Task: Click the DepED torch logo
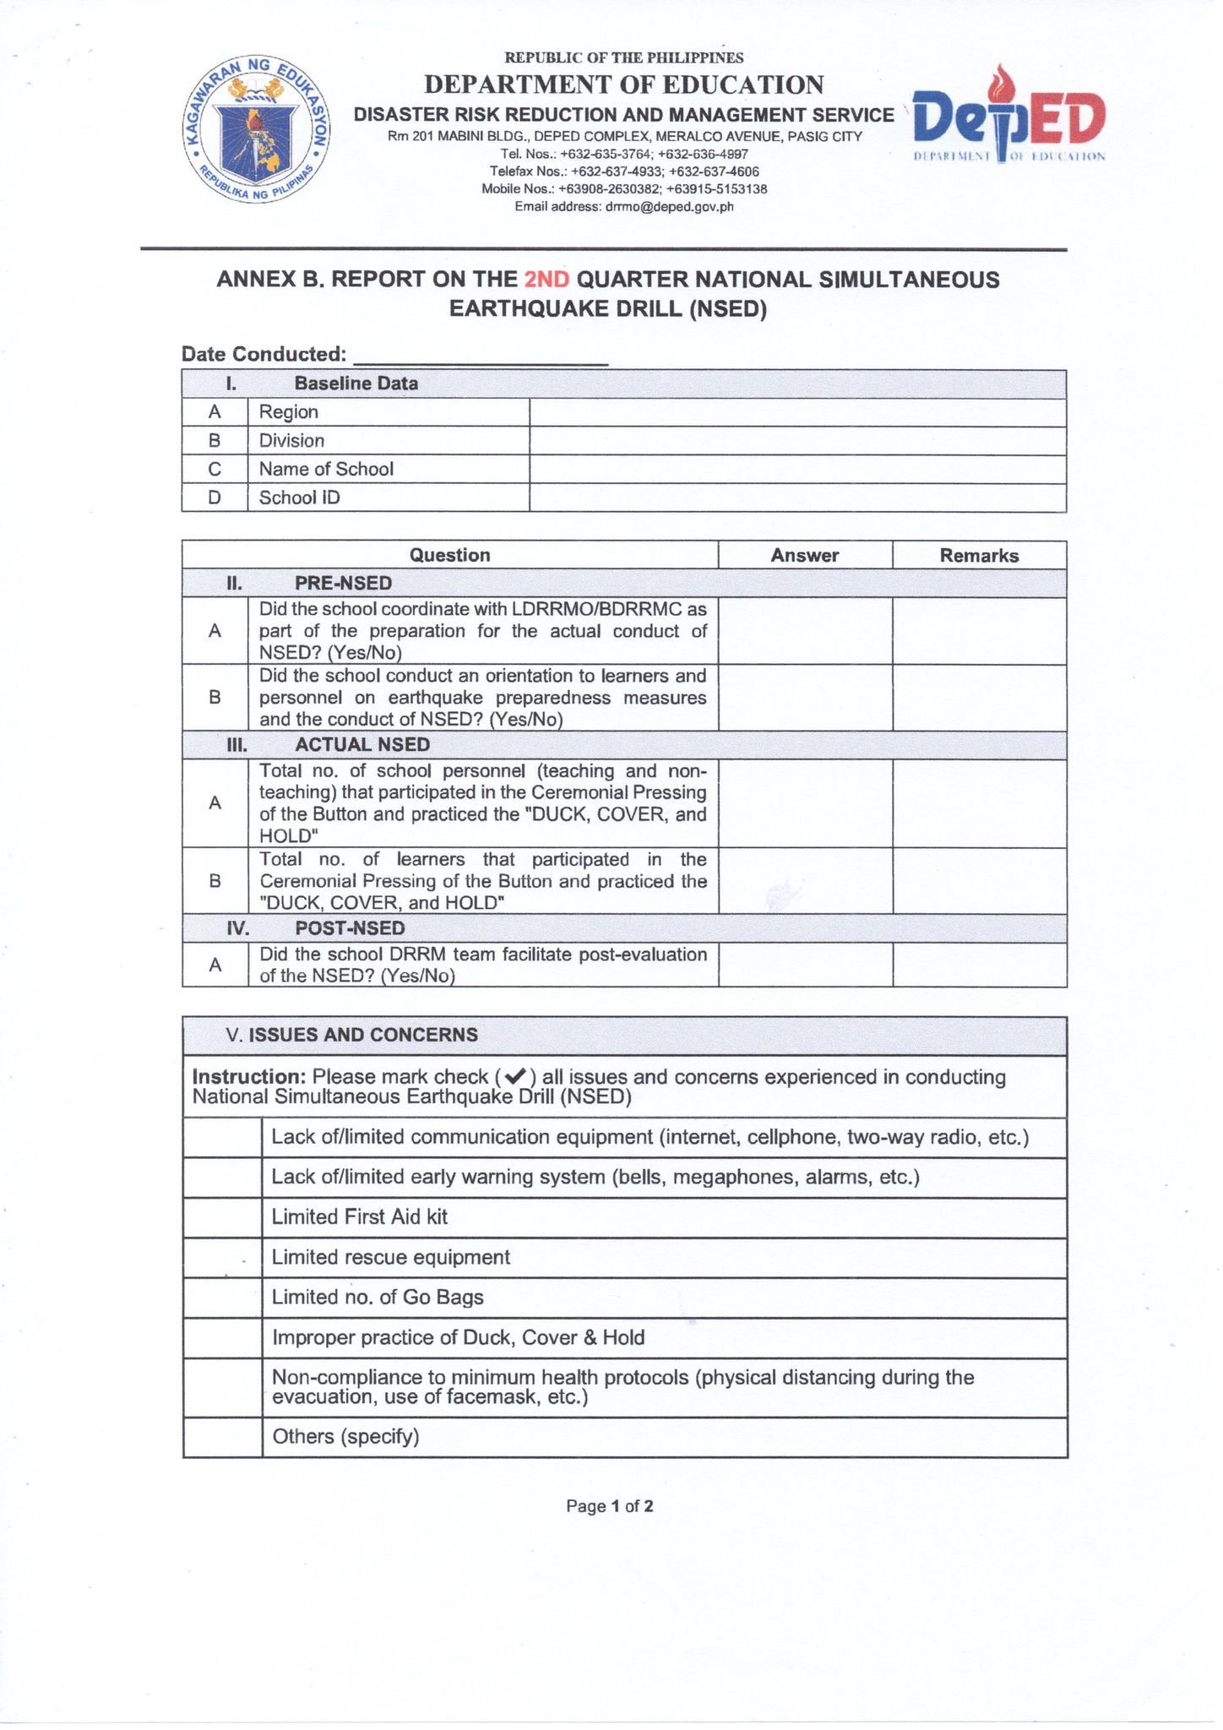click(1009, 116)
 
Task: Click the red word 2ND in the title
click(546, 280)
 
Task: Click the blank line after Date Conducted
click(480, 355)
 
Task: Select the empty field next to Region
click(796, 412)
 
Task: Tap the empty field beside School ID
click(796, 498)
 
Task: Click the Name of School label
click(326, 469)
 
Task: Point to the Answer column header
click(804, 555)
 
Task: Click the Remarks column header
click(979, 555)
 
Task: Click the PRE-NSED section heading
click(343, 583)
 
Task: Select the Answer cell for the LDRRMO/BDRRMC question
click(804, 630)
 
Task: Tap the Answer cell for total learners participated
click(804, 880)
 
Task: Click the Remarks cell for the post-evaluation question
click(979, 965)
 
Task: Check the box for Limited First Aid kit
click(222, 1217)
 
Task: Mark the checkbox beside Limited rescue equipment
click(222, 1258)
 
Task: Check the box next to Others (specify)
click(222, 1437)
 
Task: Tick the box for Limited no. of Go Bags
click(222, 1297)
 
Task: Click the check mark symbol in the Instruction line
click(514, 1077)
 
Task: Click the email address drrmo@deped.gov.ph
click(669, 206)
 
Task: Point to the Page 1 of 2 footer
click(609, 1506)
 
